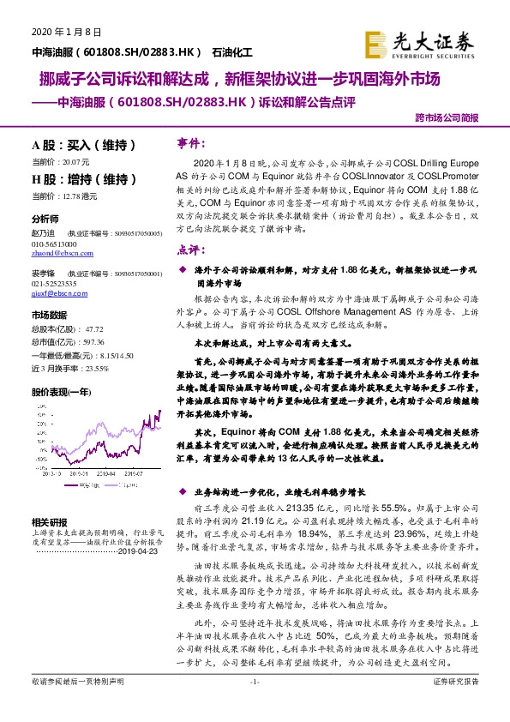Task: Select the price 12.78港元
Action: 77,196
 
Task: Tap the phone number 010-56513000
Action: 54,243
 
